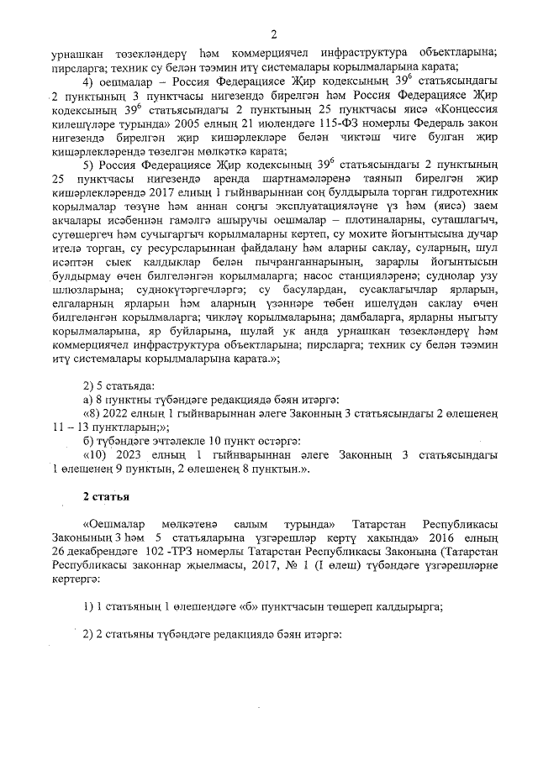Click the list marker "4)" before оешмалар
click(x=91, y=81)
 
